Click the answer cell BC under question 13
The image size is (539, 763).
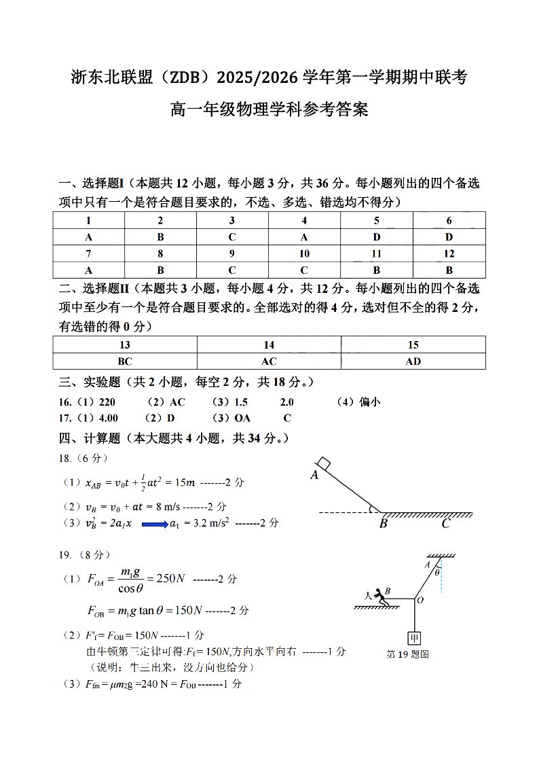click(x=125, y=361)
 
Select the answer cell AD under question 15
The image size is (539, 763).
click(x=413, y=361)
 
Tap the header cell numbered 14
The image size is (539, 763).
click(x=269, y=344)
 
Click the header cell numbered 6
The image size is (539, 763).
click(x=449, y=220)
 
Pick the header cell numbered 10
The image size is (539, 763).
click(x=304, y=253)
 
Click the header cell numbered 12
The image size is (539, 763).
click(x=449, y=253)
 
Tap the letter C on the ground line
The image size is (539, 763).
click(x=445, y=524)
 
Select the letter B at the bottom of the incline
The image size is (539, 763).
click(x=383, y=524)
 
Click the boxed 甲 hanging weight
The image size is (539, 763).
click(x=414, y=638)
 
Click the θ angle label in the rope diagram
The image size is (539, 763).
click(x=437, y=572)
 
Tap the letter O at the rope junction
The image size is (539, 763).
click(x=420, y=601)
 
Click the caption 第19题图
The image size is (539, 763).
click(x=407, y=654)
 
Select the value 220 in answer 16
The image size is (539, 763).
click(x=107, y=402)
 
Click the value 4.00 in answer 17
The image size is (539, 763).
click(x=108, y=419)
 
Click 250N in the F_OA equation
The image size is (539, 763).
click(x=171, y=579)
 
